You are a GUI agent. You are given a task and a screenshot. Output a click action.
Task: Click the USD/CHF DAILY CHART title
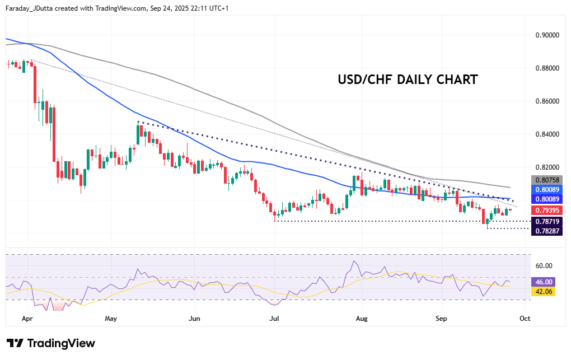pos(408,80)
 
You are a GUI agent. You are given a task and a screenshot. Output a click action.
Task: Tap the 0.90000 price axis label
pos(546,35)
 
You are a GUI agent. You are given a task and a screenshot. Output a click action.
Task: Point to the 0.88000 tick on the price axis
pos(546,68)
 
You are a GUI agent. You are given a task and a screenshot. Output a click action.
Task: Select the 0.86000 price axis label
pos(546,101)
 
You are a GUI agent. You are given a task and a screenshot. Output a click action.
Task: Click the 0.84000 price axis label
pos(546,134)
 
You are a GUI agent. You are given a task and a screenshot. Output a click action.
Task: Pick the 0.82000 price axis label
pos(546,167)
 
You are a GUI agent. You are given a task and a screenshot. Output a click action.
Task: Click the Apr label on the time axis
pos(27,317)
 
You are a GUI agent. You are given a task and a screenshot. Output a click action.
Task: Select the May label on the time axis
pos(111,317)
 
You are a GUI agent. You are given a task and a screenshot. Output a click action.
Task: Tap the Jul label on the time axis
pos(275,317)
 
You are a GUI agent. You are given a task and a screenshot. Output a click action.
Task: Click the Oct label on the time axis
pos(525,317)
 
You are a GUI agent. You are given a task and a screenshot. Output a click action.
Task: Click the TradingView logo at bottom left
pos(51,343)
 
